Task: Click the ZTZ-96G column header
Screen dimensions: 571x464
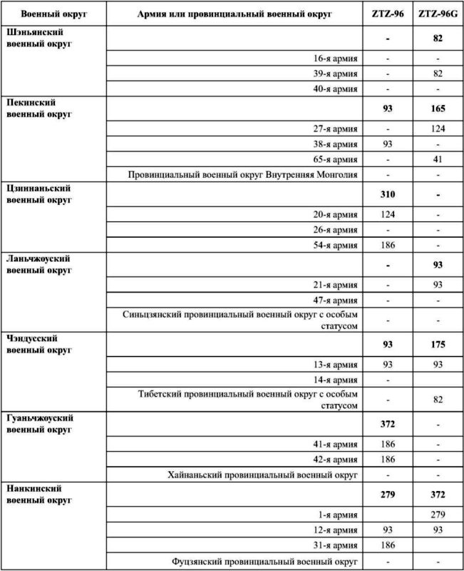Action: click(438, 14)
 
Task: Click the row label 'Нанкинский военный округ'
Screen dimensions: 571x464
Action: click(38, 493)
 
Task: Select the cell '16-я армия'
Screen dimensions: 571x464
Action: click(336, 58)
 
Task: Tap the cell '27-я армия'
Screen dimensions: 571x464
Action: click(336, 128)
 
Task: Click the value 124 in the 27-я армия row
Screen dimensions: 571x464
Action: click(438, 128)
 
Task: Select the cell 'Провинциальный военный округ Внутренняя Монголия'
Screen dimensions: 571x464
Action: click(243, 173)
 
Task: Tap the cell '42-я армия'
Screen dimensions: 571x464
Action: click(336, 459)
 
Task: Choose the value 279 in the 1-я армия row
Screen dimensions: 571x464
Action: click(438, 514)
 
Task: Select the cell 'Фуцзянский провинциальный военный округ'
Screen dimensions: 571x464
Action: click(264, 561)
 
